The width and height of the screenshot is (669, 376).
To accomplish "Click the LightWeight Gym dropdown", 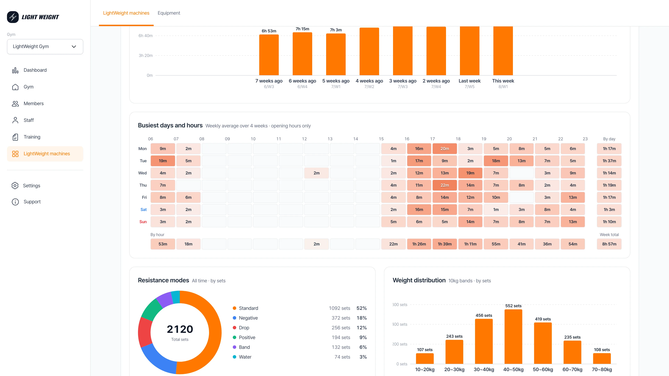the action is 45,46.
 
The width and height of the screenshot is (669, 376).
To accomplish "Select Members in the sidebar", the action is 33,104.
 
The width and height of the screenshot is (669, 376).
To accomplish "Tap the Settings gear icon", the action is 15,186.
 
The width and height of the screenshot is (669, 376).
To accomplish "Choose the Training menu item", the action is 32,137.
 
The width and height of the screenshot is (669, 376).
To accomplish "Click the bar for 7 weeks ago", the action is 269,55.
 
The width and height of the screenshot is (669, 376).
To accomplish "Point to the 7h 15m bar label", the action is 302,29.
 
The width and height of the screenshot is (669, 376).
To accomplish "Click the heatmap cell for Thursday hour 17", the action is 445,185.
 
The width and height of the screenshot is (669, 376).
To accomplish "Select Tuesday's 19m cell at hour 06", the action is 163,161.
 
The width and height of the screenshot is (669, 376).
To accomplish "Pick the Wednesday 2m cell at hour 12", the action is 317,173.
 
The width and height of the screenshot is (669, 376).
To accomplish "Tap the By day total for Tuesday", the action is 609,161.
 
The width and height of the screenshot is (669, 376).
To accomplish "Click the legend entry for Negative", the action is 248,318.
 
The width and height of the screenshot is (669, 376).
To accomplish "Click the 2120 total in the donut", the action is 180,329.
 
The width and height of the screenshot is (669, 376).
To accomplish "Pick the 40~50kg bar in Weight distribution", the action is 513,336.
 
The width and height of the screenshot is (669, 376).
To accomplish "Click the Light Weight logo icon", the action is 13,17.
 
